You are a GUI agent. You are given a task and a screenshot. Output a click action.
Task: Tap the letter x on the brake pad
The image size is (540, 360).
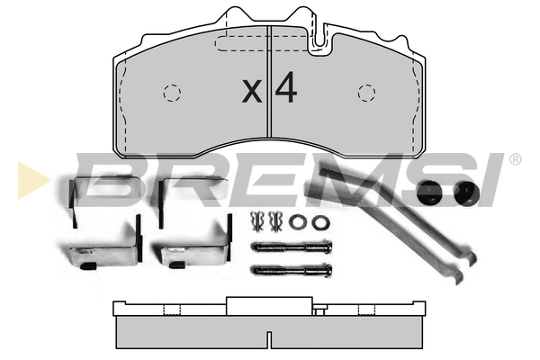tap(252, 91)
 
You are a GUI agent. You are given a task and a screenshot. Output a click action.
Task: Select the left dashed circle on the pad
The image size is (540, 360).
tap(172, 93)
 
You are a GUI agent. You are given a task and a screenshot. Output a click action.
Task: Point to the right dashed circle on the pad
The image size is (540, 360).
tap(367, 93)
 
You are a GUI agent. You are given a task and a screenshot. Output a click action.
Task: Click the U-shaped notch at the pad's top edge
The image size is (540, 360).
tap(319, 38)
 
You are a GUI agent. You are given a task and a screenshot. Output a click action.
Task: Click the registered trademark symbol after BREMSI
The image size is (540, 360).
tap(515, 160)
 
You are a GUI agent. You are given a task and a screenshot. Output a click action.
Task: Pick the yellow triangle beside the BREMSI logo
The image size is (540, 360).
tap(31, 180)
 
